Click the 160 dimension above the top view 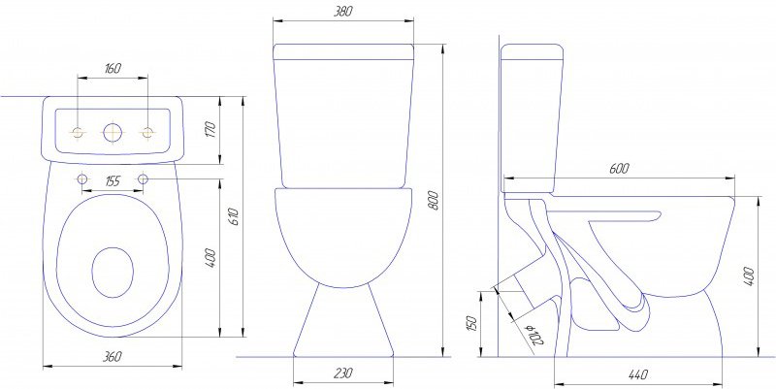[x=113, y=68]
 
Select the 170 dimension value [x=210, y=130]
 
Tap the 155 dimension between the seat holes [x=113, y=181]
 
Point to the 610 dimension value [x=234, y=217]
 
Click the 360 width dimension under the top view [x=113, y=356]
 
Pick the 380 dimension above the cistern [x=343, y=12]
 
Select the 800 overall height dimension [x=434, y=200]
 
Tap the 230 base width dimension [x=343, y=373]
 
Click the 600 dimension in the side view [x=619, y=168]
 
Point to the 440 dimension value [x=638, y=374]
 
